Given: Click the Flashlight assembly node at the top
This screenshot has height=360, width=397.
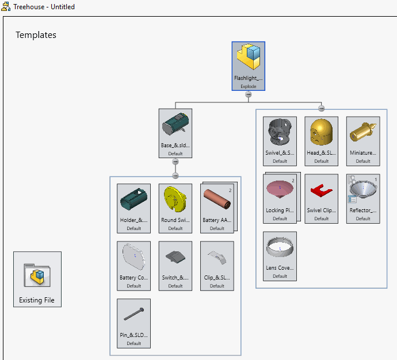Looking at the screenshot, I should tap(248, 66).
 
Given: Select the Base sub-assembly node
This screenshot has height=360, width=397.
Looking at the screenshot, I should tap(175, 133).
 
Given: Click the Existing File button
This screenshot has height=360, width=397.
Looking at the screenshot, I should tap(37, 279).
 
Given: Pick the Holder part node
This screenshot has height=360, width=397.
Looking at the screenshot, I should tap(133, 208).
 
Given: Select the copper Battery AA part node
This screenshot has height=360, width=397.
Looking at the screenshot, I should tap(217, 208).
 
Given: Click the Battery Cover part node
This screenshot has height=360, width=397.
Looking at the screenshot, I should tap(133, 265).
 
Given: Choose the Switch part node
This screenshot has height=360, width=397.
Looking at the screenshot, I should tap(175, 265).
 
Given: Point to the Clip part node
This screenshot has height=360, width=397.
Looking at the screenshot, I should tap(217, 265).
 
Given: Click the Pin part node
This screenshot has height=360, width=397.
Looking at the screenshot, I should tap(133, 323).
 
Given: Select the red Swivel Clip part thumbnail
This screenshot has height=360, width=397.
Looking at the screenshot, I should tap(321, 190).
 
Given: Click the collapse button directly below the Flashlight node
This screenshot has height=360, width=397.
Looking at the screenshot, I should tap(248, 94).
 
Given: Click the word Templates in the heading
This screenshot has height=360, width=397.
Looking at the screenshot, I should tap(36, 35).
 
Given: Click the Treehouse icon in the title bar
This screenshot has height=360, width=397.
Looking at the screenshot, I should tap(6, 7).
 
